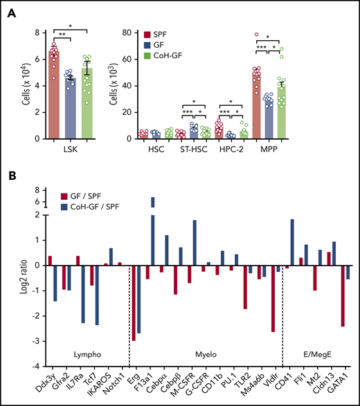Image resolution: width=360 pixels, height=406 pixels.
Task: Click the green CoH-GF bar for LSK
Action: point(87,103)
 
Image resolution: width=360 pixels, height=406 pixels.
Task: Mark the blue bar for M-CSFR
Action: point(195,242)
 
